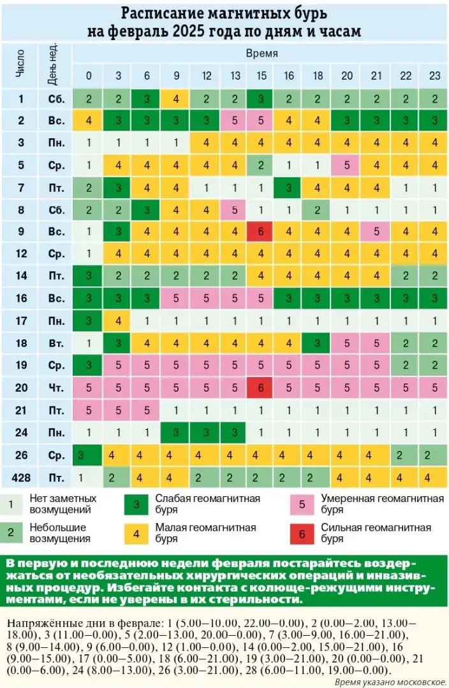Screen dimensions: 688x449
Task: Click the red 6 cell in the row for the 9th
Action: [x=261, y=231]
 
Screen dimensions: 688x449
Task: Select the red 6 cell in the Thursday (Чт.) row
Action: [x=261, y=387]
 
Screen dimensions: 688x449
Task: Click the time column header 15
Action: [x=261, y=76]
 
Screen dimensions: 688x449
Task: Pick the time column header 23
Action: [x=434, y=76]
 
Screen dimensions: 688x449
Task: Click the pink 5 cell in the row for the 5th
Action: [x=347, y=165]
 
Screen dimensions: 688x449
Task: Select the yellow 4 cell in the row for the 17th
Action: [x=118, y=320]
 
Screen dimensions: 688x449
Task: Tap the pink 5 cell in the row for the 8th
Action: [x=235, y=209]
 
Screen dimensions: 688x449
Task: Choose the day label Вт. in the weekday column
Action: [x=55, y=343]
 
